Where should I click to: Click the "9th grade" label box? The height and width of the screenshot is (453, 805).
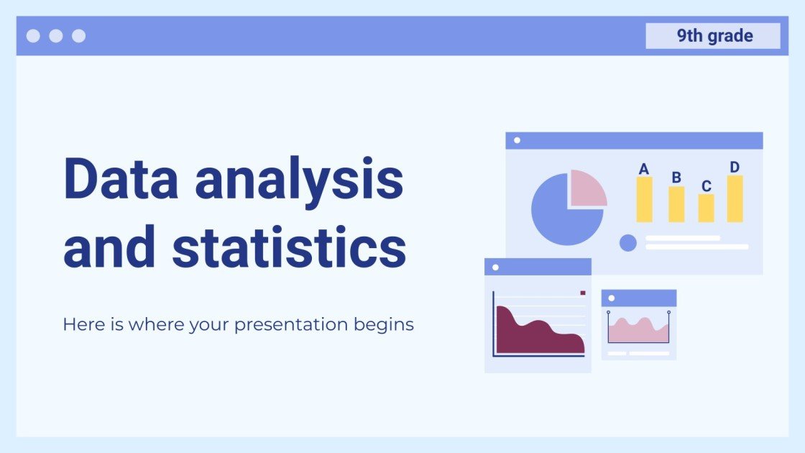(x=712, y=36)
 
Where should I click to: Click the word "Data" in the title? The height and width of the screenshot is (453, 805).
(x=121, y=180)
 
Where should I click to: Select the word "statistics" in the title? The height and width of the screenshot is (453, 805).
(x=289, y=247)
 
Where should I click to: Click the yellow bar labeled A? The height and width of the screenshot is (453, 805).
(x=644, y=199)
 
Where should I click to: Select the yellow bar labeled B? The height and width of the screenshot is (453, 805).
(x=676, y=204)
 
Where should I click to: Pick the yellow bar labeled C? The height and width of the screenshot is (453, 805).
(x=707, y=208)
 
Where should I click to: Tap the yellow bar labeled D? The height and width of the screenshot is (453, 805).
(x=735, y=198)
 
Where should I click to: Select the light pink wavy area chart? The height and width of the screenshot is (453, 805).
(x=638, y=331)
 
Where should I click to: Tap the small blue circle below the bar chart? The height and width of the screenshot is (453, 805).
(x=628, y=243)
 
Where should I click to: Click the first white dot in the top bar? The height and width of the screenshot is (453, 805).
(x=33, y=36)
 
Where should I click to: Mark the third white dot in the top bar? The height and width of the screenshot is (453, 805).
(x=78, y=36)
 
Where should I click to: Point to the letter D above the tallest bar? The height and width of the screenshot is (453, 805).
(x=735, y=168)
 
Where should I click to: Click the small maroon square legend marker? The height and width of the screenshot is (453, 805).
(x=583, y=293)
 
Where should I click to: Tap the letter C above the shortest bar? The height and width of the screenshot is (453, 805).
(x=707, y=186)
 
